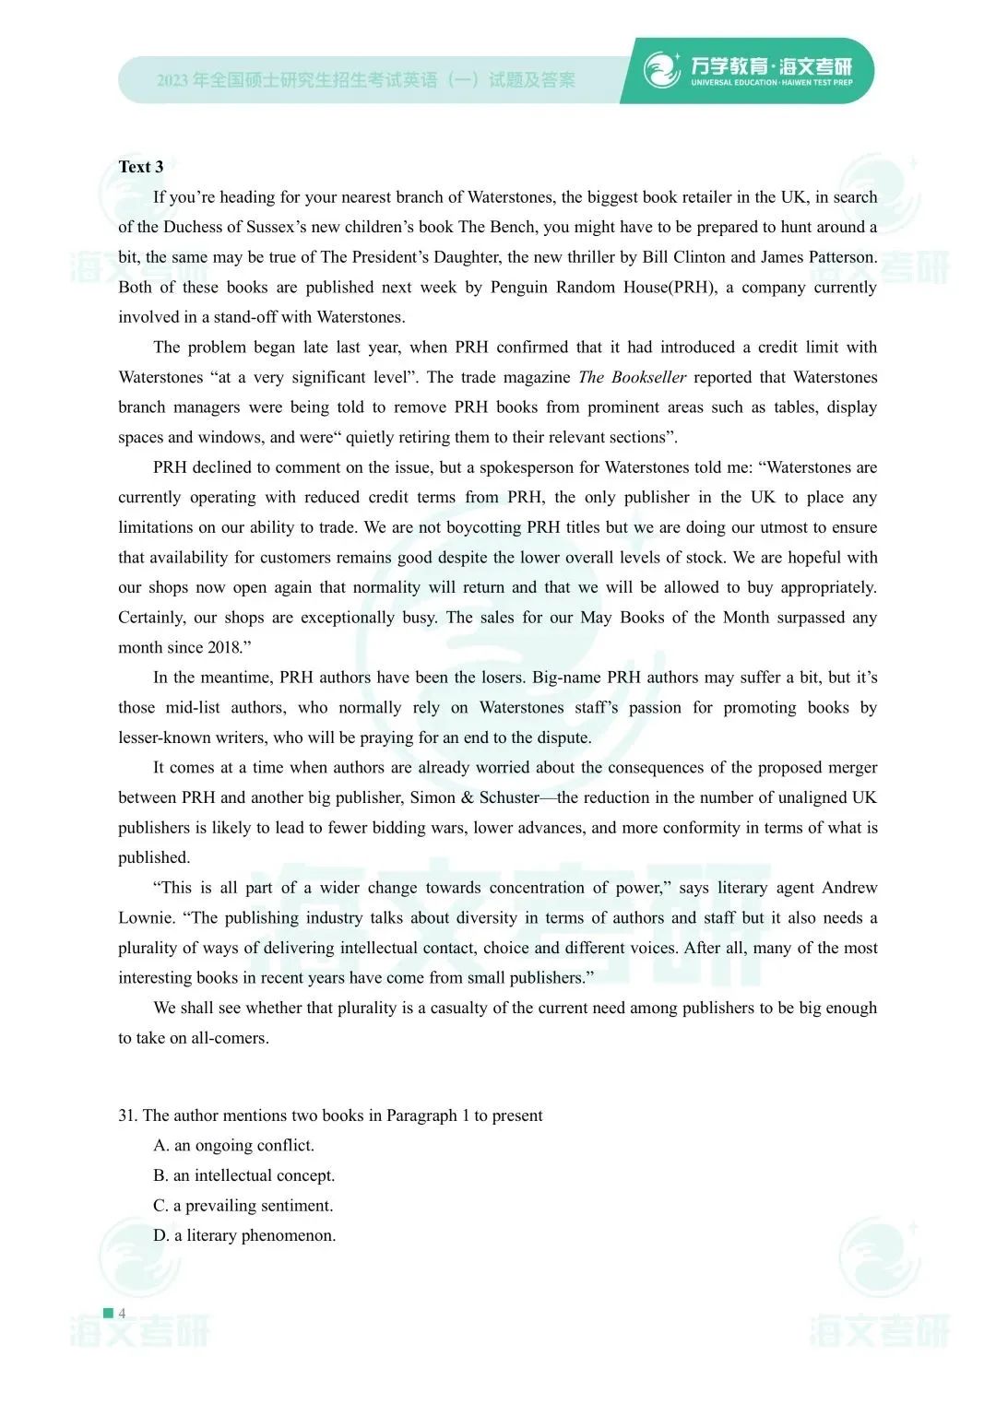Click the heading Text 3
point(141,167)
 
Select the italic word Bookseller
point(649,377)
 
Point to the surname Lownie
point(146,917)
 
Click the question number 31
point(127,1115)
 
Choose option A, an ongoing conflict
point(234,1145)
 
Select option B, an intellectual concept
point(244,1175)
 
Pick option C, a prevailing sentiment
point(243,1205)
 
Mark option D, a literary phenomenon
point(244,1235)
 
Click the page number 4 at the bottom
point(122,1313)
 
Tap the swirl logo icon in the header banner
point(662,70)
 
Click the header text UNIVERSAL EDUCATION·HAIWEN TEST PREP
point(771,83)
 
